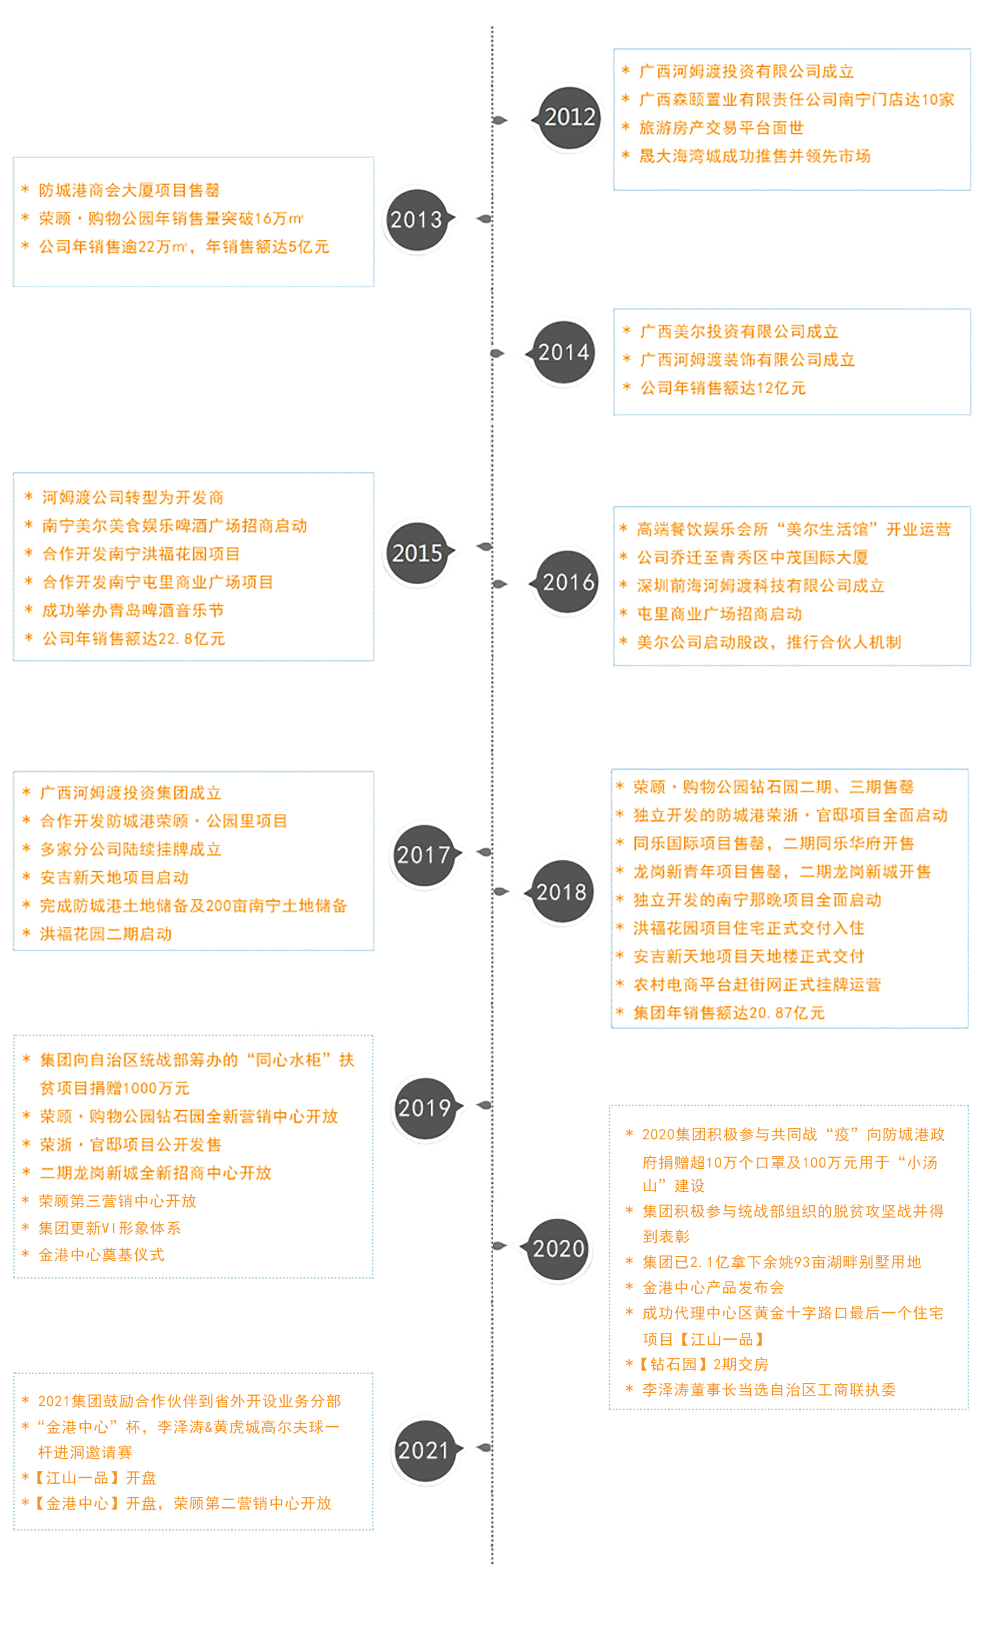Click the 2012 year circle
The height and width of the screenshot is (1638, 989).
point(569,118)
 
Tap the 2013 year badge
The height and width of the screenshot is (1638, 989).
point(417,219)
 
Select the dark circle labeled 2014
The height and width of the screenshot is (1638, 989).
point(563,353)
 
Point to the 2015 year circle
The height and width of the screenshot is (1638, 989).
point(417,553)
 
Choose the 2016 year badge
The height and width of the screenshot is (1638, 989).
point(568,583)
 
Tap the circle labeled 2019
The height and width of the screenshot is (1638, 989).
point(424,1108)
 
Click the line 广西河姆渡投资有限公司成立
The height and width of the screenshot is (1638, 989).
point(745,71)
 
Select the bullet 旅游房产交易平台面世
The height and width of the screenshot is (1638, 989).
point(721,128)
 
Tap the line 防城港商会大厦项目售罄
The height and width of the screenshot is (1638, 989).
point(129,190)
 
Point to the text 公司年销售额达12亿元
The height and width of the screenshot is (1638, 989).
point(722,388)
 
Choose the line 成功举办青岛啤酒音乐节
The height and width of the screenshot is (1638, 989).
point(133,610)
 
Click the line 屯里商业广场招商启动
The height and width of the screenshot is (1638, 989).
point(719,614)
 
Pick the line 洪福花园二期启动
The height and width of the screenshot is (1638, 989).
point(106,933)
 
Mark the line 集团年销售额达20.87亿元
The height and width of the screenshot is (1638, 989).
point(729,1013)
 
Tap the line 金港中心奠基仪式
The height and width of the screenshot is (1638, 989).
point(101,1254)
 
